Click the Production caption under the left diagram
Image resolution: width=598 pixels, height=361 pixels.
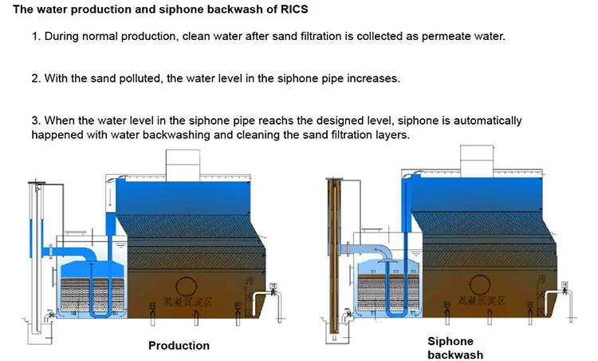pos(179,346)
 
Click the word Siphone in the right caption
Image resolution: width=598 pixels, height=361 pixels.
pos(450,341)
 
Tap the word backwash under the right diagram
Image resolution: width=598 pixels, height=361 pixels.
pos(455,355)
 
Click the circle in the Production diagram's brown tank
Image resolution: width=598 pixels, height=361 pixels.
pos(185,287)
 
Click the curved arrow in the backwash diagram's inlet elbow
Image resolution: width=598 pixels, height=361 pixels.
pos(381,254)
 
